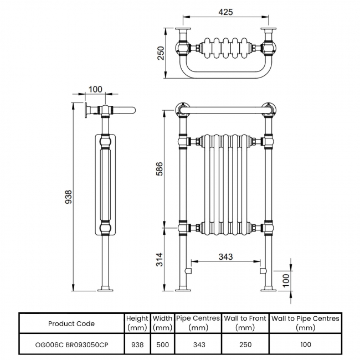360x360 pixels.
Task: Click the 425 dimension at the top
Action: tap(225, 12)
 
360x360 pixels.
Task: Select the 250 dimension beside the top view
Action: tap(161, 53)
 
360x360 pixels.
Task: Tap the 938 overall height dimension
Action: tap(69, 197)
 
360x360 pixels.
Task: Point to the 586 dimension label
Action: tap(160, 169)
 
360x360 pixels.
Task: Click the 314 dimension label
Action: tap(160, 259)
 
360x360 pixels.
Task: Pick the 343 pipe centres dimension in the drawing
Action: tap(225, 256)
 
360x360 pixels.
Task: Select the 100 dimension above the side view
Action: tap(95, 89)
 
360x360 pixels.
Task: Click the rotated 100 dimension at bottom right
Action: tap(286, 280)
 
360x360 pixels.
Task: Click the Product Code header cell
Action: tap(71, 324)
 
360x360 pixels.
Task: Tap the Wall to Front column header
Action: tap(245, 323)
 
